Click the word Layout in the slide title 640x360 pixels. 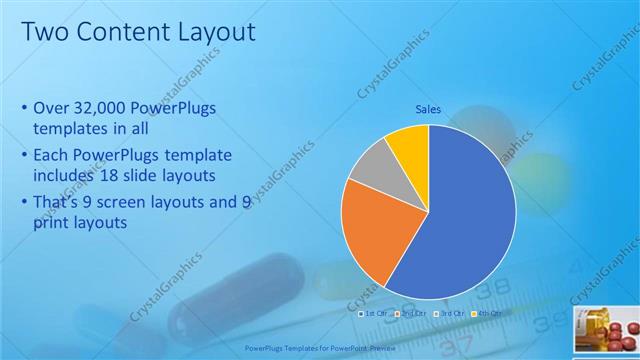(209, 32)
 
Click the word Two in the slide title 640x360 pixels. (45, 32)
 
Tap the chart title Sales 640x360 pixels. (429, 111)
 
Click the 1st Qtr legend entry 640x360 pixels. (375, 313)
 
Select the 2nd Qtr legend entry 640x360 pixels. (413, 313)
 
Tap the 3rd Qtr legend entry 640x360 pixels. (451, 313)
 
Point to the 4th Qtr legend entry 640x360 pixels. (489, 313)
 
